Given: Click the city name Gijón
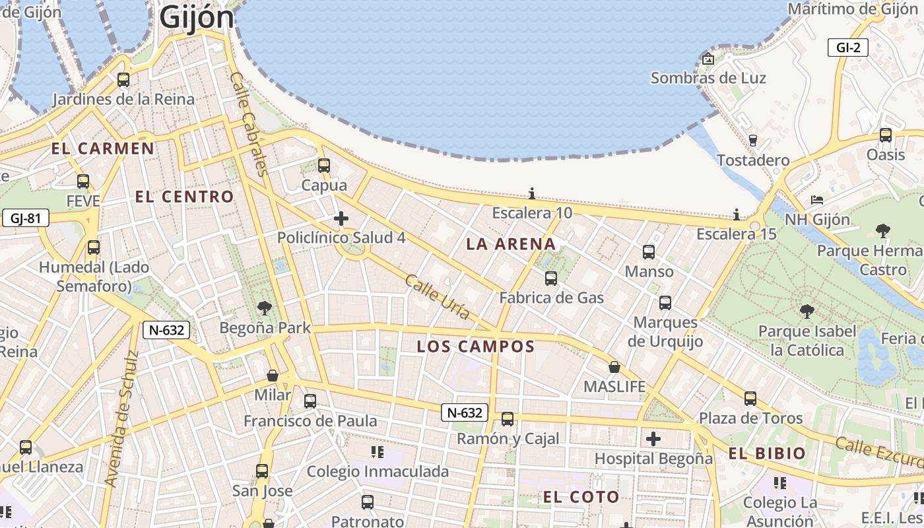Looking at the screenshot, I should tap(197, 18).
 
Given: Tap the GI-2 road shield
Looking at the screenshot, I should tap(847, 48).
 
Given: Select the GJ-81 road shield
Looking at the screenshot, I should tap(26, 218).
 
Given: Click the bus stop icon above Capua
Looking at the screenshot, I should tap(323, 165).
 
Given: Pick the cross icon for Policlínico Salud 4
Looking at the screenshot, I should tap(341, 218).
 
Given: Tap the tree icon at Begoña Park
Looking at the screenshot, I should tap(264, 308).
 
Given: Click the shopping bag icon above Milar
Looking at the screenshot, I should tap(272, 376).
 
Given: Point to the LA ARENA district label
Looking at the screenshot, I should tap(511, 244).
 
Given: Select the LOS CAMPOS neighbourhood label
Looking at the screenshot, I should tap(475, 346).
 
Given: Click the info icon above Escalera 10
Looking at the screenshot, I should tap(532, 193).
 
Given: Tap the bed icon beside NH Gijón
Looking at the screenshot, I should tap(817, 200).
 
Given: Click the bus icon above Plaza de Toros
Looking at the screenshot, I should tap(750, 399).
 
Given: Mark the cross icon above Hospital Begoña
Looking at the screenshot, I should tap(653, 439).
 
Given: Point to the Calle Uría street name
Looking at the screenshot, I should tap(438, 297).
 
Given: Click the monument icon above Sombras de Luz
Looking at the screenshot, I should tap(708, 59).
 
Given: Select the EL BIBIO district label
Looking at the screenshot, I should tap(767, 453).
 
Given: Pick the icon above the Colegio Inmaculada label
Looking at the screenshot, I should tap(378, 452).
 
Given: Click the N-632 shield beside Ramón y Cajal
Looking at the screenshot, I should tap(465, 413).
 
